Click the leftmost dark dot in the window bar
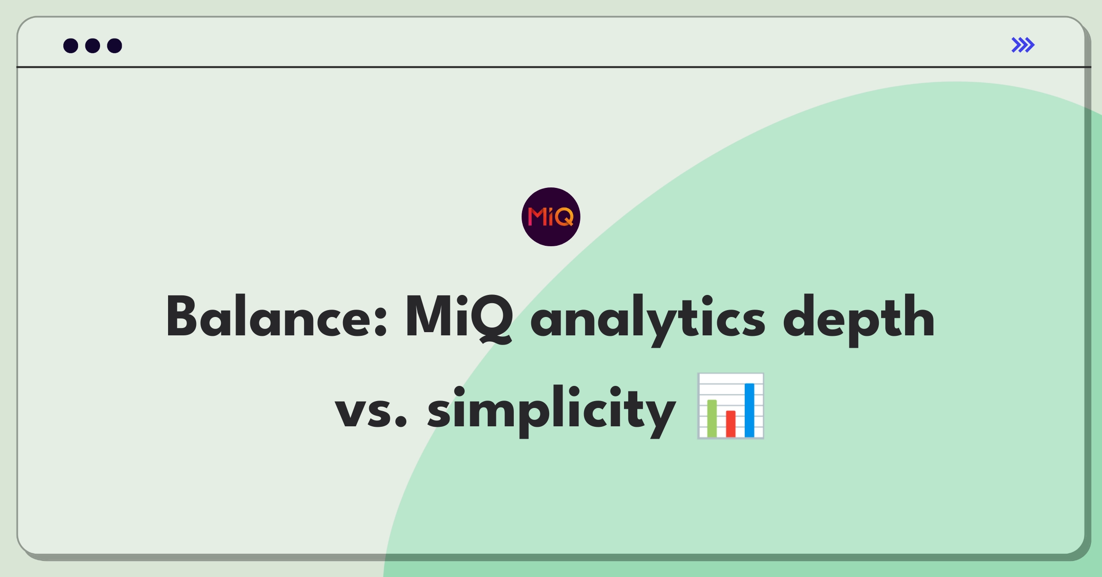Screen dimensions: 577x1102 (x=71, y=45)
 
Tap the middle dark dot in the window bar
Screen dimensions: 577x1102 (x=93, y=45)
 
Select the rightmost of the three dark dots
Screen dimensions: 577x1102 (x=114, y=45)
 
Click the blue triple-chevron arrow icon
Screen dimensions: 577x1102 (x=1023, y=45)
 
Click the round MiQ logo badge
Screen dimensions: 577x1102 (x=551, y=217)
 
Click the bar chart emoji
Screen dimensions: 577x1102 (x=731, y=406)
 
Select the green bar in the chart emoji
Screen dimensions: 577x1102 (x=712, y=418)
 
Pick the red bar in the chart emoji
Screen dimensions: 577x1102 (x=731, y=424)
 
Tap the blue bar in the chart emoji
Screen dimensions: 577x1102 (x=749, y=410)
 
